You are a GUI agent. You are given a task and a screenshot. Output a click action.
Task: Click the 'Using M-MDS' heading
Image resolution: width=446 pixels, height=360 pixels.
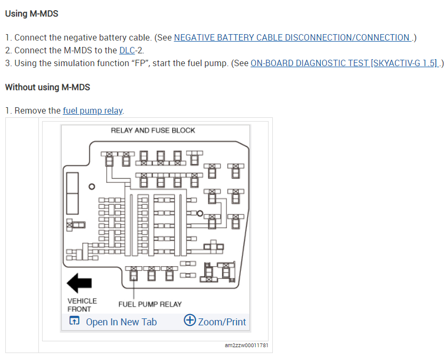(x=31, y=13)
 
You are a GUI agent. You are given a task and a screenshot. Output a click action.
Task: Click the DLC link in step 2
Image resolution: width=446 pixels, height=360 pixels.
(x=126, y=50)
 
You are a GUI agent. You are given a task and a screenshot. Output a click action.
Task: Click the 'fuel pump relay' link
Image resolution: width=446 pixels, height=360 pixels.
(x=93, y=110)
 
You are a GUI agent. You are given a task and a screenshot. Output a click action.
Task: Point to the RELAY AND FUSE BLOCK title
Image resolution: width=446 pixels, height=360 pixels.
(x=153, y=130)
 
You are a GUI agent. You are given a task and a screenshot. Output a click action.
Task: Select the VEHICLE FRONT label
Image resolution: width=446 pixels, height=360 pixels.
(x=82, y=305)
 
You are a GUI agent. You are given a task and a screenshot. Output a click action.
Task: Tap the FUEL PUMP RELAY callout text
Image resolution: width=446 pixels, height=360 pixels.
(x=150, y=304)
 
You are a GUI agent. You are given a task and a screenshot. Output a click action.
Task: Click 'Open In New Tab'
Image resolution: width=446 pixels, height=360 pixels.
(x=121, y=322)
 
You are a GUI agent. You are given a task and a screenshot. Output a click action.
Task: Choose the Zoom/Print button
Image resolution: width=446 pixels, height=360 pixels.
(x=222, y=322)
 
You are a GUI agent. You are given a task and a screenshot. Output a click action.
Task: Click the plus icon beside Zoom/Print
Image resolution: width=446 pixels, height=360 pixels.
(x=190, y=321)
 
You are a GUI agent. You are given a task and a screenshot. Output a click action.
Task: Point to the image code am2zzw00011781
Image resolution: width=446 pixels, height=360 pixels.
(x=247, y=346)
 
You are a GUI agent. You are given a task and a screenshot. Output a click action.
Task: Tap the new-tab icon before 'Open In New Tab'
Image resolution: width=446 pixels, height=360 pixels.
(x=75, y=321)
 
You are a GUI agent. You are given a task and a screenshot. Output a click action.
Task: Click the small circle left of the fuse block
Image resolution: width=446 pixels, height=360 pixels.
(x=92, y=187)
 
